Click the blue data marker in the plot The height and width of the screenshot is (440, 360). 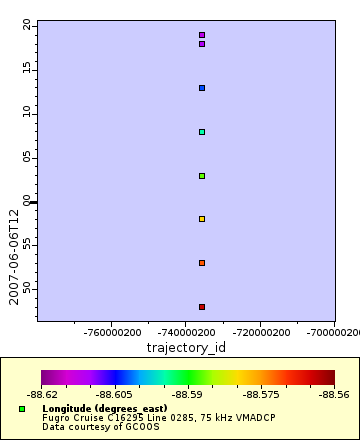click(202, 88)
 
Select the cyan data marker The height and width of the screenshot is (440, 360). click(202, 132)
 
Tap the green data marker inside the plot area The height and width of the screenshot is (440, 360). click(202, 176)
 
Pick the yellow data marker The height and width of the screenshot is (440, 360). click(202, 219)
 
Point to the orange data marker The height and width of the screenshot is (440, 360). click(202, 263)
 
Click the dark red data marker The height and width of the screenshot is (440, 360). click(202, 307)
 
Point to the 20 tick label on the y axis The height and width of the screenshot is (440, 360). click(27, 25)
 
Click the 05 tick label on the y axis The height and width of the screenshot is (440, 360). click(27, 157)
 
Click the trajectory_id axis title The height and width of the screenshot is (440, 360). click(187, 347)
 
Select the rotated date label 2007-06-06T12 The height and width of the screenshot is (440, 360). click(14, 256)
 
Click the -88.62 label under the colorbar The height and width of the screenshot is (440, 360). click(42, 395)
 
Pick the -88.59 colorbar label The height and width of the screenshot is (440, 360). click(189, 395)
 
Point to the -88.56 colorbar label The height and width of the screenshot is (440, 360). click(334, 395)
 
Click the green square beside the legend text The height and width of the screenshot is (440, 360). click(22, 409)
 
